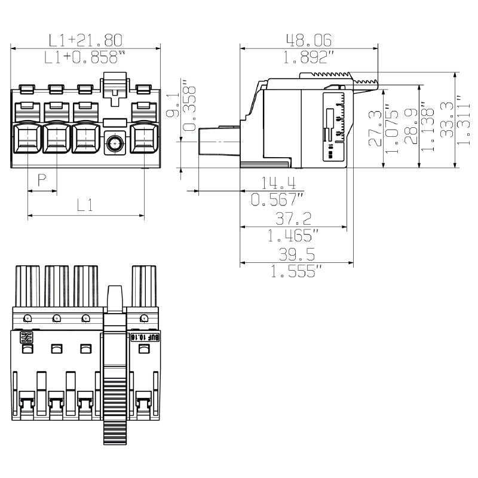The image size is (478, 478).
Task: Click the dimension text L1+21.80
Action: [x=85, y=40]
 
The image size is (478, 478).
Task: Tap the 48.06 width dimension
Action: [x=308, y=40]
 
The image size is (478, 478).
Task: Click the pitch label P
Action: [x=42, y=180]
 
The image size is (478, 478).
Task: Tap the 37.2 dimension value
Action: [x=293, y=219]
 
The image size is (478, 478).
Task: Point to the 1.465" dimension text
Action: [x=294, y=235]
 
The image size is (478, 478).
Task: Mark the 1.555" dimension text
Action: [x=296, y=271]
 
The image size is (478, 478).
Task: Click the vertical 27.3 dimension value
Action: [x=375, y=128]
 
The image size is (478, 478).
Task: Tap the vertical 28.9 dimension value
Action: [x=410, y=125]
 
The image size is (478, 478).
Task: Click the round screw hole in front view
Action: [x=114, y=143]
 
